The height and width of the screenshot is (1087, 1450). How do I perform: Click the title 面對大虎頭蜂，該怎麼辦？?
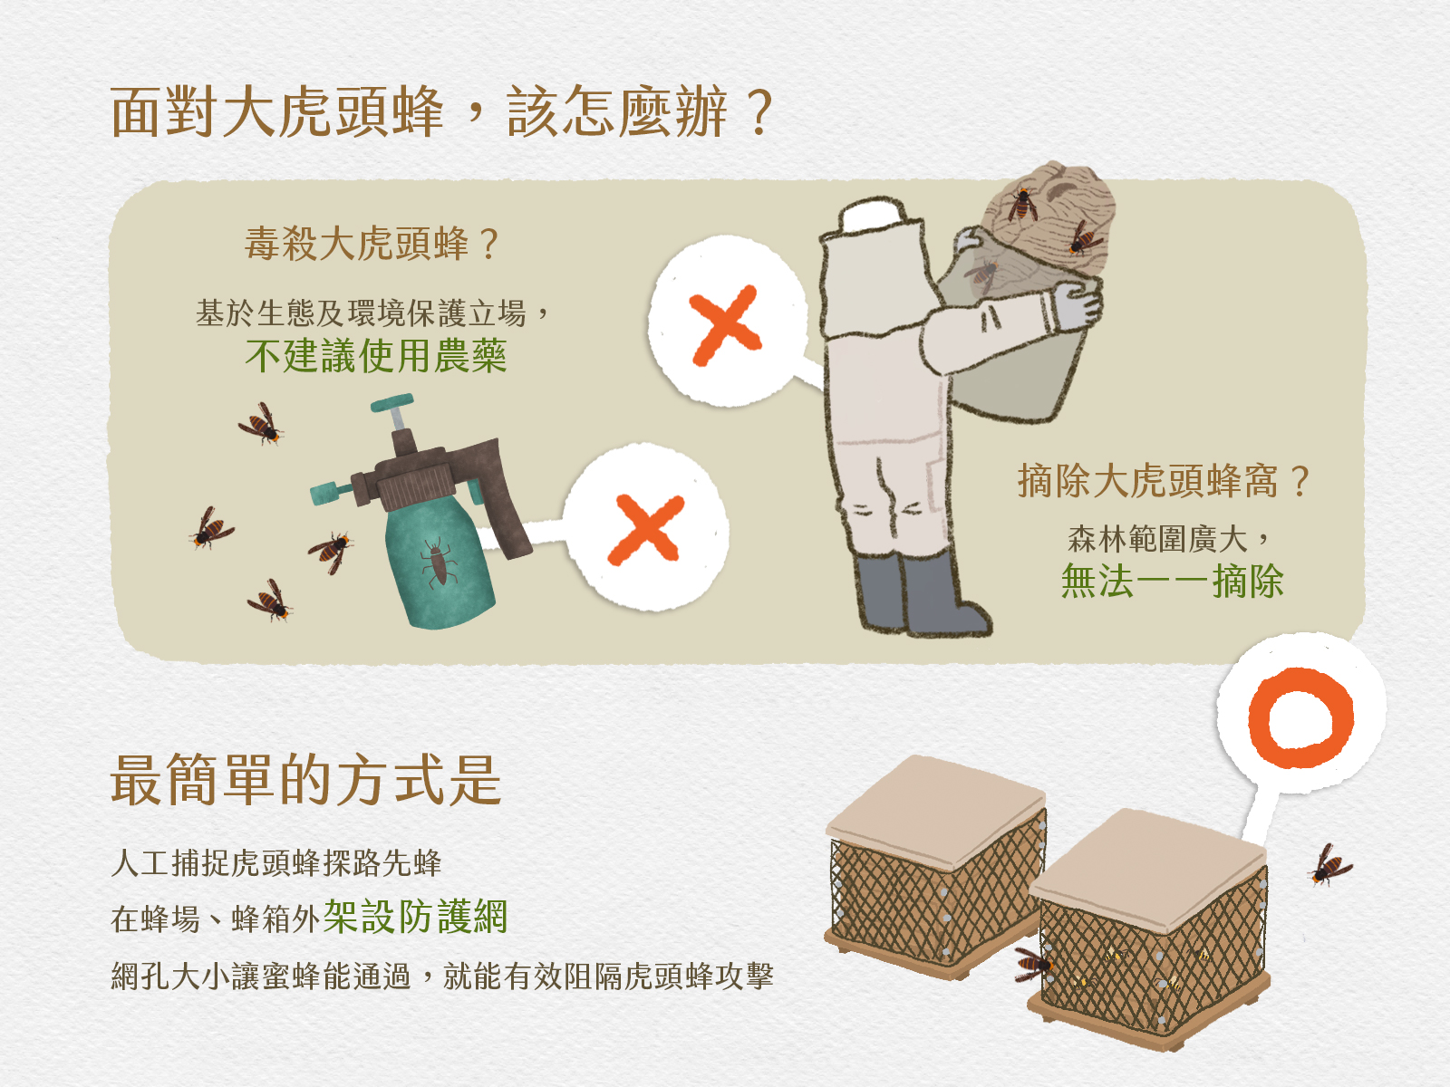(441, 112)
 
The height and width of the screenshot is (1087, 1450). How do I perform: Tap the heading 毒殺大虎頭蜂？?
(372, 244)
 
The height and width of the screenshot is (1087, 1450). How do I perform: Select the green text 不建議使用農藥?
(375, 356)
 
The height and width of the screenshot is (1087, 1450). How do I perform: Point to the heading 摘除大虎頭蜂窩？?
(1163, 480)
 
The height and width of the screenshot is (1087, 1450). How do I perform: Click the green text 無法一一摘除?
(1172, 581)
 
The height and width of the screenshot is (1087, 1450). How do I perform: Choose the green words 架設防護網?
(415, 917)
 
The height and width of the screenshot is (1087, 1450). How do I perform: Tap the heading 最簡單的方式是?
(305, 780)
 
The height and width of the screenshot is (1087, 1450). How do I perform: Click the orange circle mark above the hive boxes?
(1300, 718)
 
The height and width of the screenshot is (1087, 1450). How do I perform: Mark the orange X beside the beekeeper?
(725, 324)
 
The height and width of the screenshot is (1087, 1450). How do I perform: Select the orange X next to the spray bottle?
(645, 530)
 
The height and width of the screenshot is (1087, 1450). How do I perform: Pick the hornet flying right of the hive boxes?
(1329, 864)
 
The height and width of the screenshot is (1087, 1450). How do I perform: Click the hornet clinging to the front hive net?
(1034, 965)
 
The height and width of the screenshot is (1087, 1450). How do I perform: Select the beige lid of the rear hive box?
(935, 812)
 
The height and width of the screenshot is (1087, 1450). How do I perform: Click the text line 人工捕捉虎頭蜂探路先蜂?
(276, 862)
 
